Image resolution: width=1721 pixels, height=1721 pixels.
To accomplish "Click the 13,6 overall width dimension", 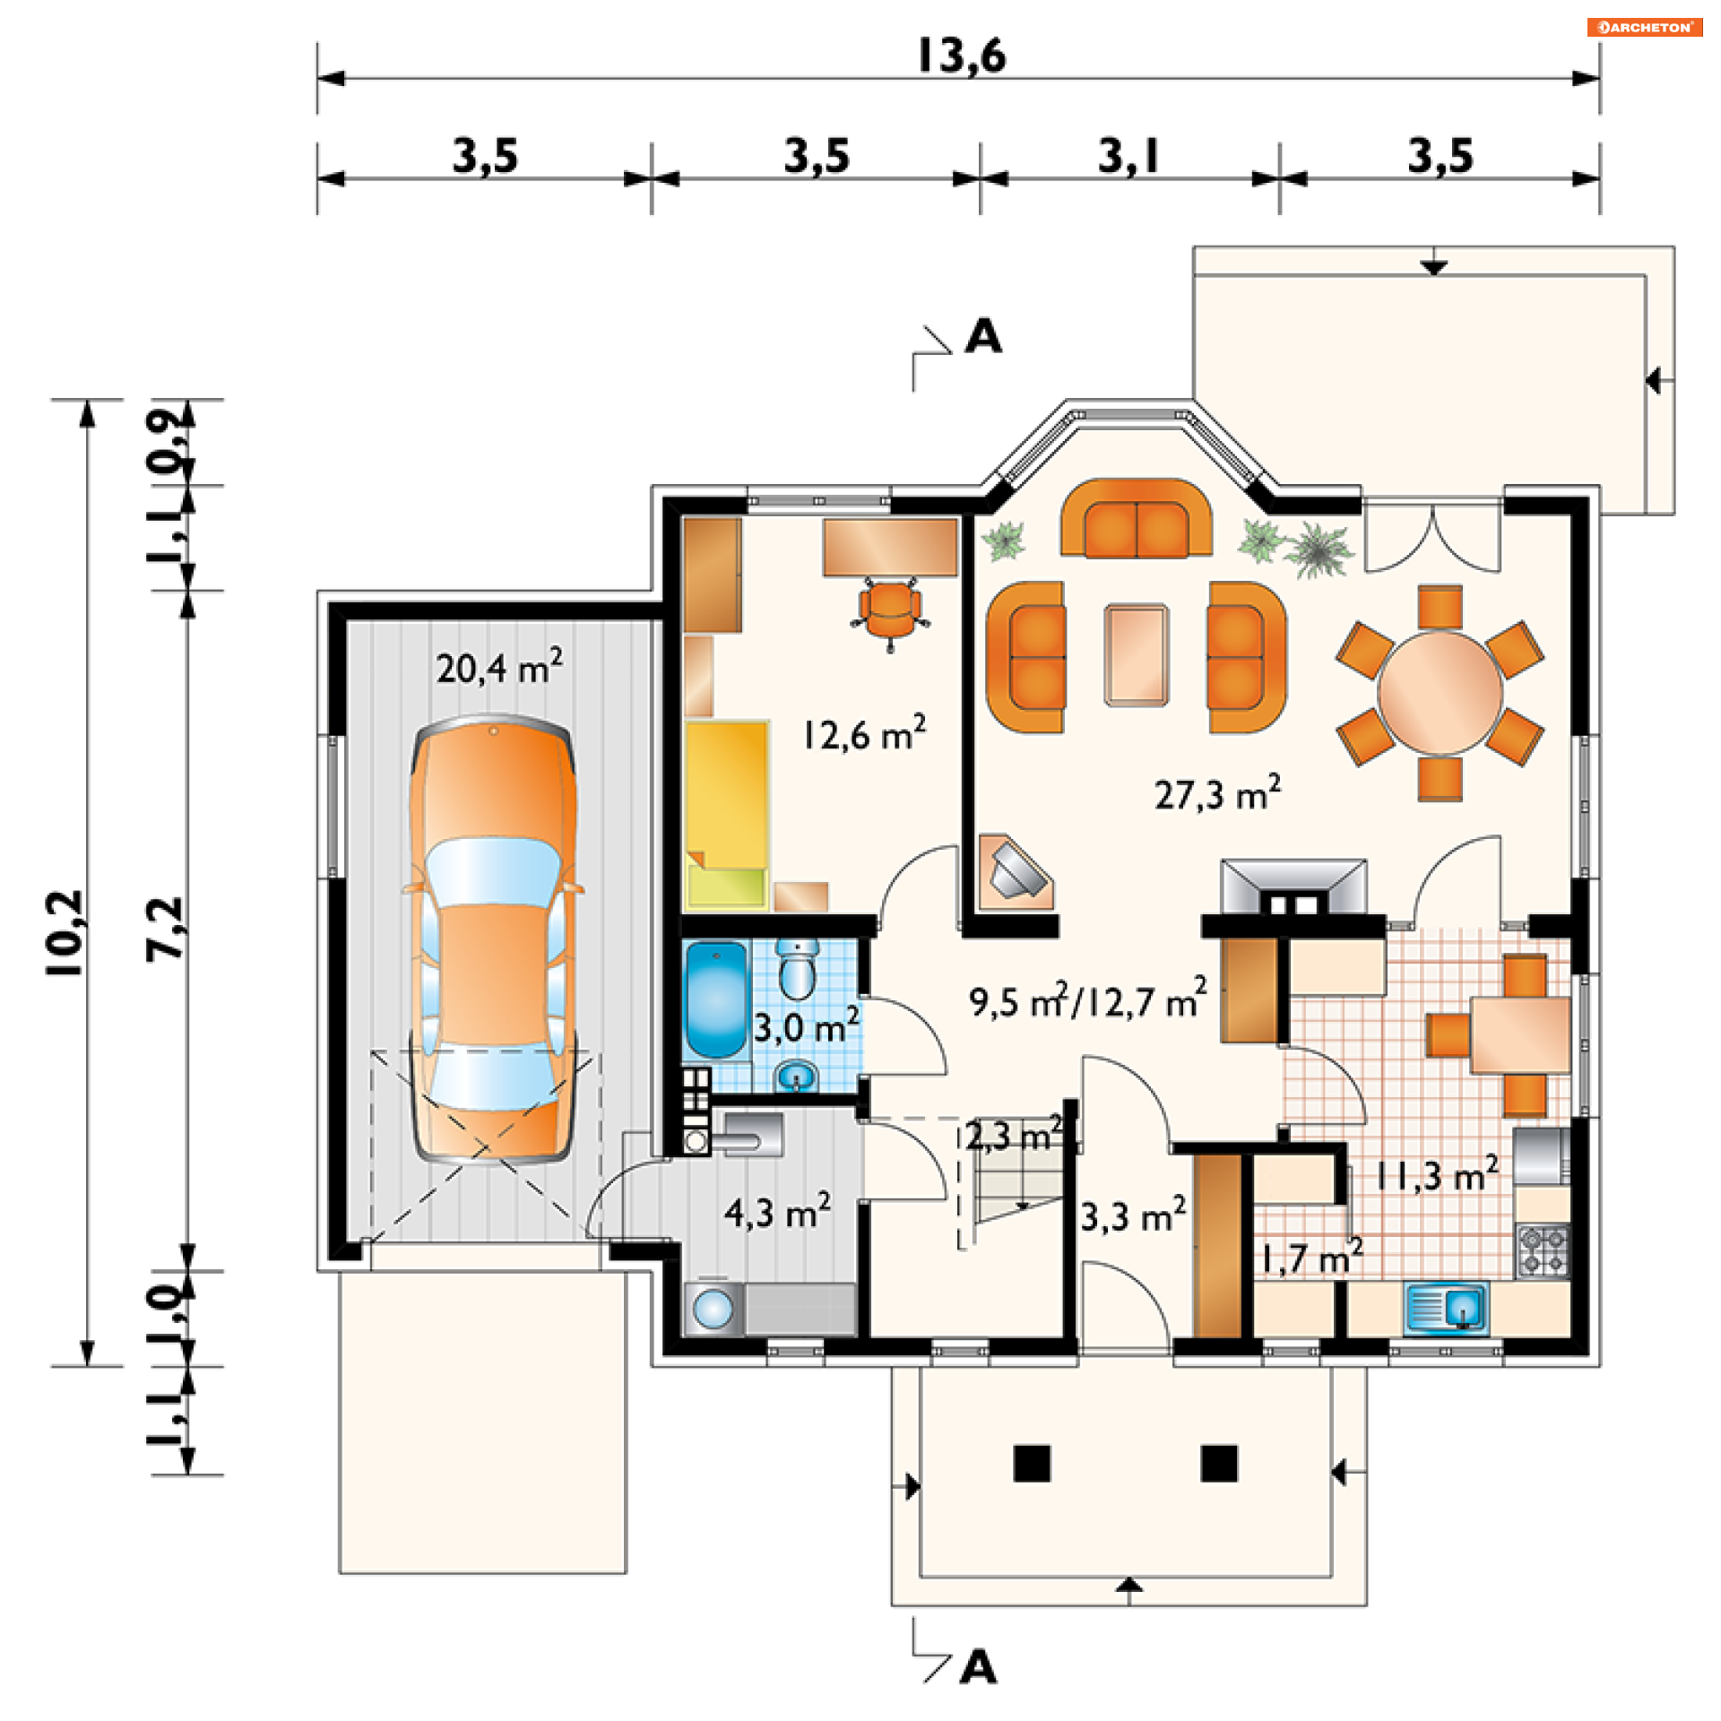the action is [x=962, y=56].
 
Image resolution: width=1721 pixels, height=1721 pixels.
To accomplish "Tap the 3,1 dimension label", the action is [x=1129, y=156].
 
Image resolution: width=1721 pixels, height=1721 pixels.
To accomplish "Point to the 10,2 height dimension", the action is [x=65, y=933].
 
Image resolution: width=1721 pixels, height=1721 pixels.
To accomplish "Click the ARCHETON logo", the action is [x=1645, y=27].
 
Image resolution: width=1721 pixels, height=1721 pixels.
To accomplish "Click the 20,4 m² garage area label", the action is [x=499, y=667].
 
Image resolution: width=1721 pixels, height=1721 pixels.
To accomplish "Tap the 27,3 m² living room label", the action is [x=1217, y=793].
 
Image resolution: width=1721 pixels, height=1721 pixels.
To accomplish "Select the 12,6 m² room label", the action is [x=864, y=733].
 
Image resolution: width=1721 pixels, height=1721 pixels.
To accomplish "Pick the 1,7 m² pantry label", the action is [x=1312, y=1257].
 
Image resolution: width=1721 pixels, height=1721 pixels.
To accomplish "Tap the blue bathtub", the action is [x=715, y=999].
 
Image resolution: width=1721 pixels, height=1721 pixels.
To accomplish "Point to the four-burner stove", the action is [x=1543, y=1250].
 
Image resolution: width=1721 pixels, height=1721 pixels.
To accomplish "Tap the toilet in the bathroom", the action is [x=796, y=969].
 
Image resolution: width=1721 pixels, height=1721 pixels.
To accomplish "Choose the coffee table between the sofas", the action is [x=1136, y=655].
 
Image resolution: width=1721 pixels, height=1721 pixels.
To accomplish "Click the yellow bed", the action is [x=727, y=815].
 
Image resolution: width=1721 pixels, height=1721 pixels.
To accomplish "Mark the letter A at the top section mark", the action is [x=983, y=337].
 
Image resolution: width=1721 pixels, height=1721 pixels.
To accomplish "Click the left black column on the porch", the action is [x=1032, y=1464].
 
